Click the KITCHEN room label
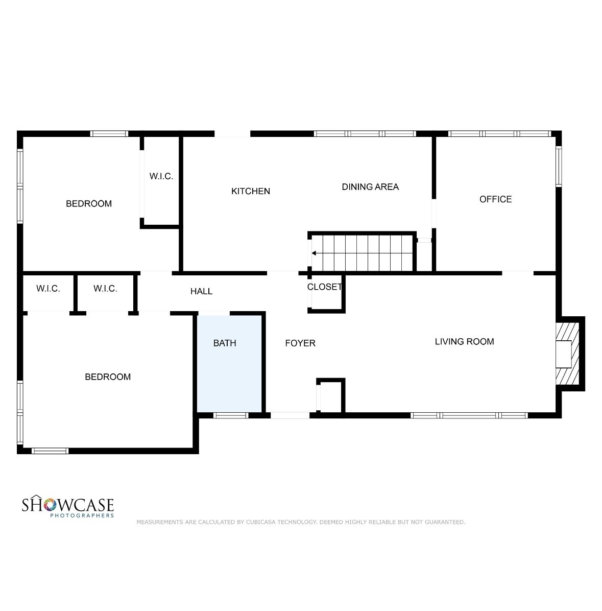point(250,191)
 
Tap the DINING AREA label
point(370,187)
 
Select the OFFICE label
point(495,199)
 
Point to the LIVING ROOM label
point(464,341)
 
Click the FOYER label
point(300,343)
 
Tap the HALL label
point(201,291)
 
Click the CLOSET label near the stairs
point(324,287)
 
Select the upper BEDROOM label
point(88,204)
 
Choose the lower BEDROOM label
point(107,377)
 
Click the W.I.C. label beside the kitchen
point(161,177)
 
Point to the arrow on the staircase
point(315,253)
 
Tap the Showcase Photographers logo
point(67,507)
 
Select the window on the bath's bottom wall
point(230,415)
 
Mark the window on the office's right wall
point(559,166)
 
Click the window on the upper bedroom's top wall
point(109,134)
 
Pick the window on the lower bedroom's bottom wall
point(50,451)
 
